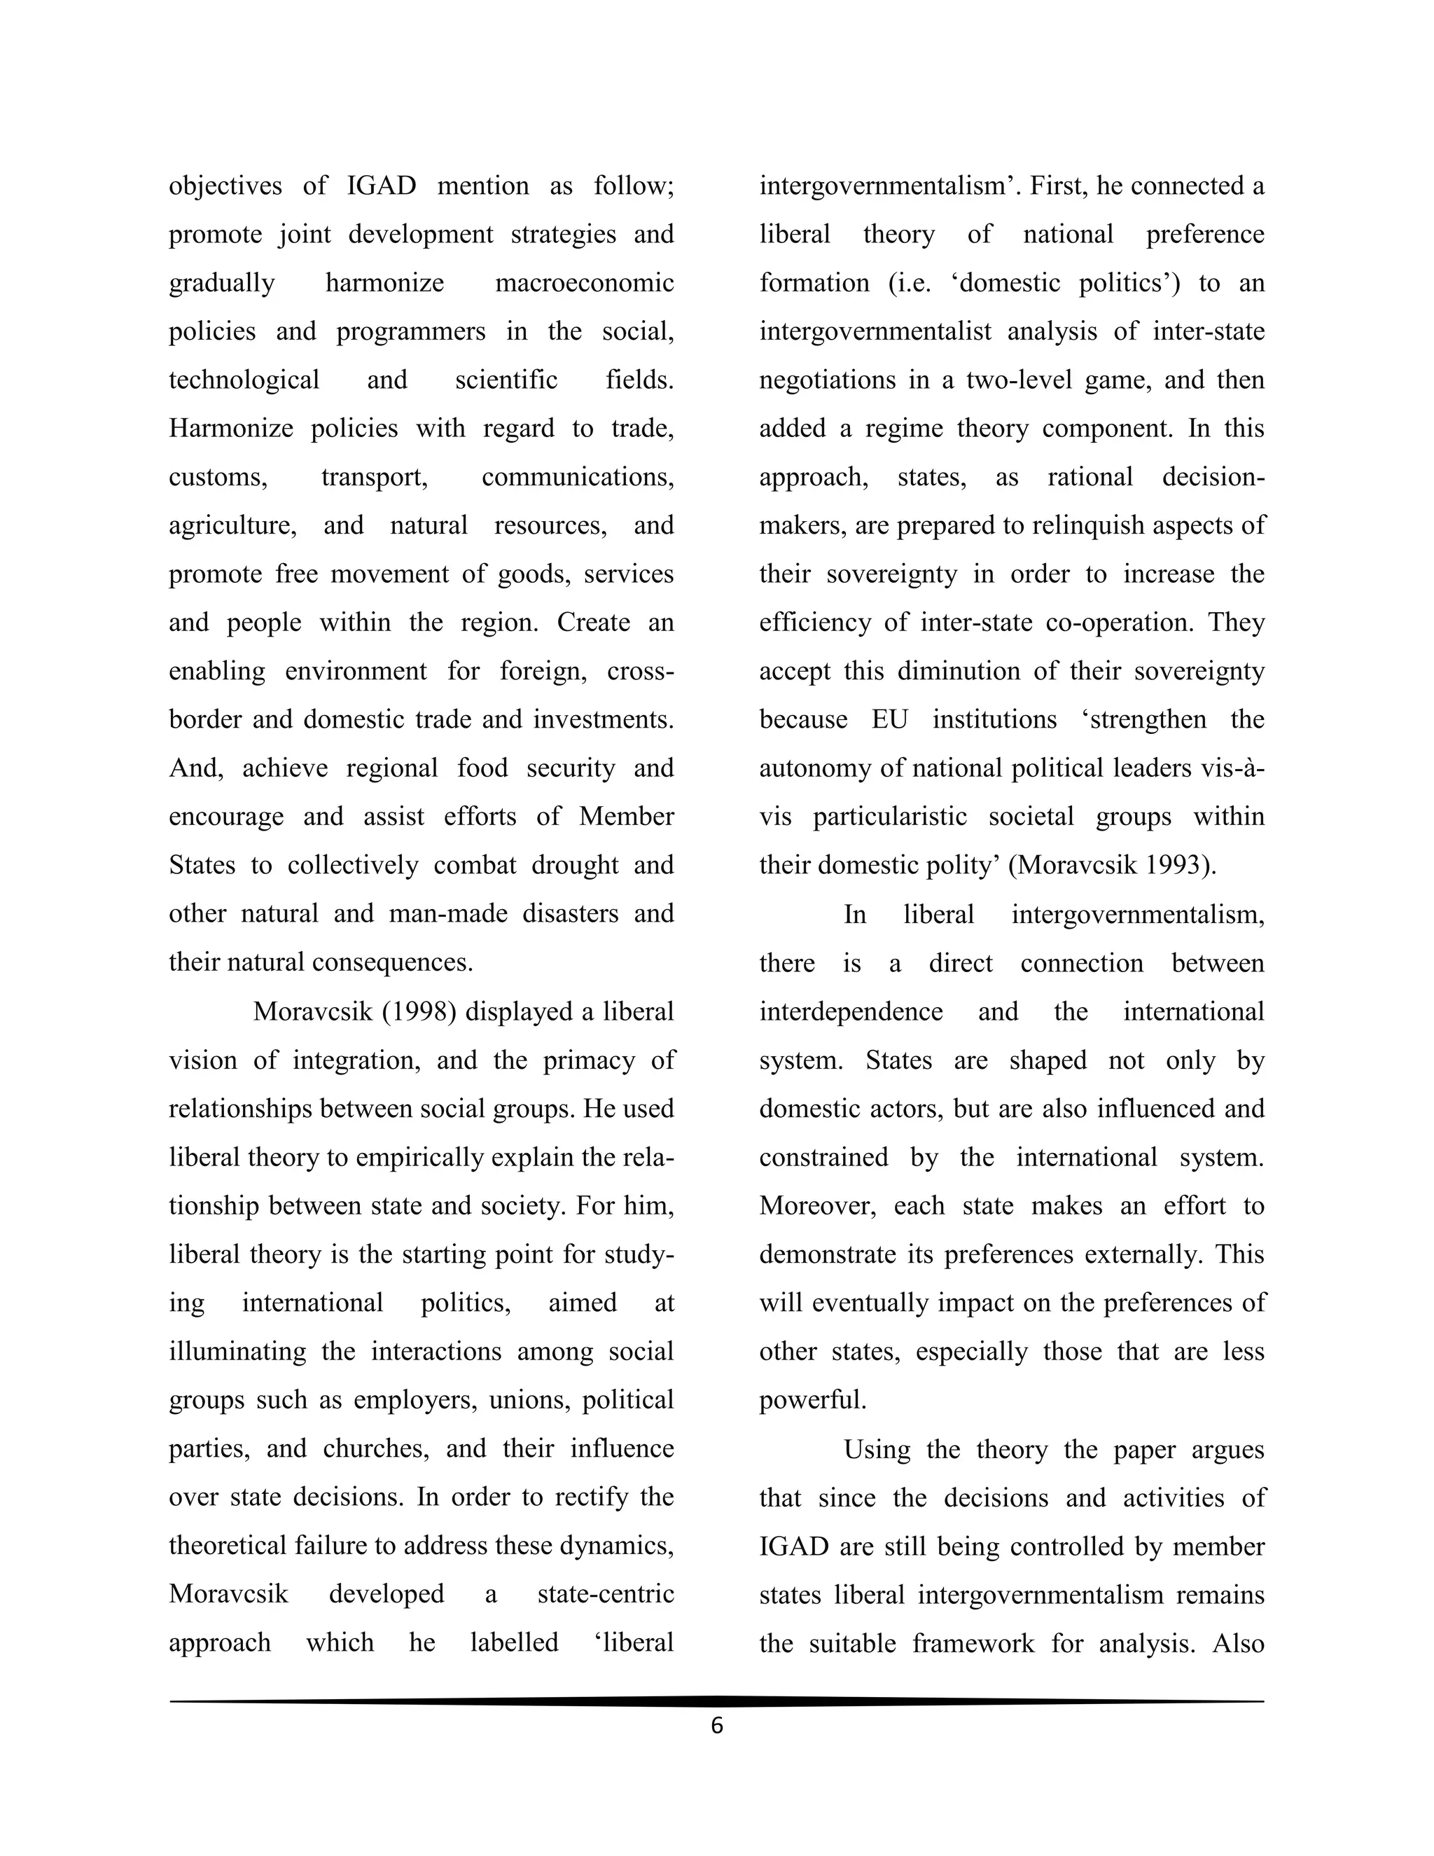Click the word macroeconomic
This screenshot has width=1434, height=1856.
click(x=584, y=282)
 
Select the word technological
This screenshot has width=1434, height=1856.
click(x=244, y=379)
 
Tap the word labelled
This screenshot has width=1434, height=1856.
click(x=514, y=1641)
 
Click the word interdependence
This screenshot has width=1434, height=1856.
click(x=850, y=1011)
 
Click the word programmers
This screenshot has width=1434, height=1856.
click(x=410, y=331)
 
